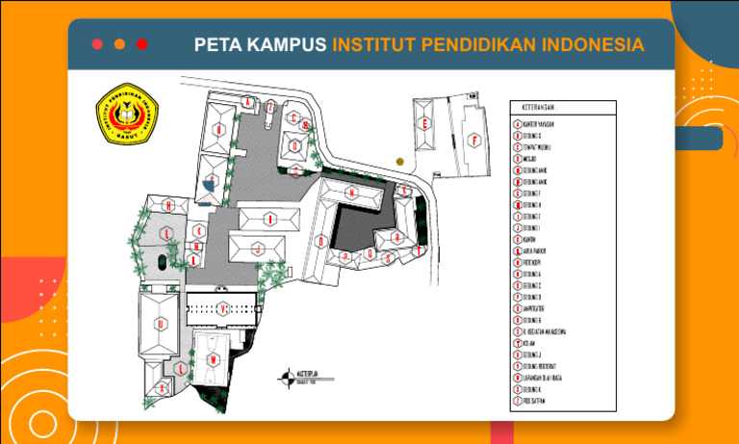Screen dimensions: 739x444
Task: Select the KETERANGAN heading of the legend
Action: [x=541, y=107]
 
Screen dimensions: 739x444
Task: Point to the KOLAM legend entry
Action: [x=532, y=343]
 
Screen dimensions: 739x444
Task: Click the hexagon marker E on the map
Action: [x=424, y=124]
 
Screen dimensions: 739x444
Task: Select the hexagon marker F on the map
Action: [x=473, y=141]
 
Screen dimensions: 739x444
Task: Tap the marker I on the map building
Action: [x=271, y=220]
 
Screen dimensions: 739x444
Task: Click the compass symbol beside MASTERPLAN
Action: [x=286, y=378]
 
